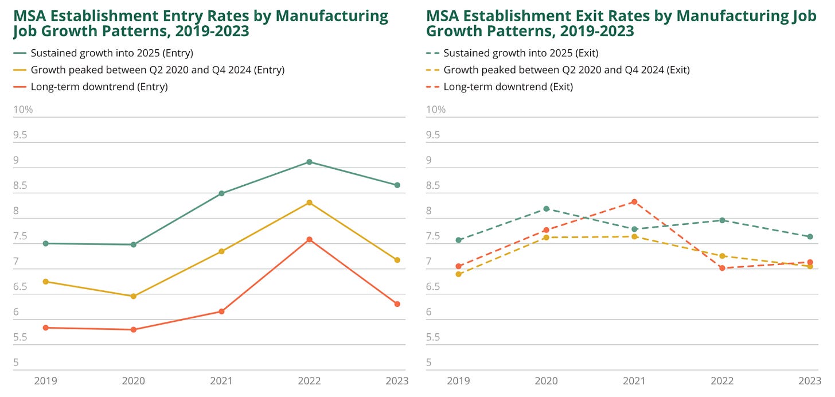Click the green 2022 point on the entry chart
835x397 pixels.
309,162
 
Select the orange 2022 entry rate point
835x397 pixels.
309,239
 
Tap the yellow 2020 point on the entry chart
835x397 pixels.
134,296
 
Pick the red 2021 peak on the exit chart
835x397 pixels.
634,201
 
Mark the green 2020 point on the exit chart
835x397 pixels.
547,209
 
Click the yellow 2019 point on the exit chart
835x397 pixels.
459,274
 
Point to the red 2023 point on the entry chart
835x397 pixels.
397,304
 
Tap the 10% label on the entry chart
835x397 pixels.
23,110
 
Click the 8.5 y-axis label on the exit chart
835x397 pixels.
436,185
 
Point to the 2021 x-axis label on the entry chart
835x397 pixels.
221,381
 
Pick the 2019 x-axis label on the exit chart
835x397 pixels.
459,381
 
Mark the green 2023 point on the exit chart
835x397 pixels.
810,236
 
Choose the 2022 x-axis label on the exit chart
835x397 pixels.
722,381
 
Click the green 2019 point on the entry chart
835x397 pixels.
45,243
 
